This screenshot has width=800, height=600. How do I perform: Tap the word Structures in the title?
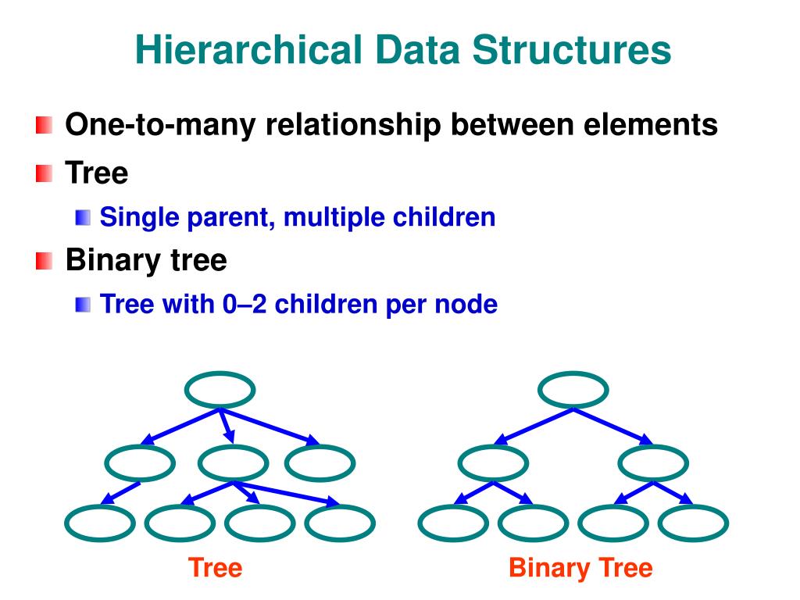[x=571, y=50]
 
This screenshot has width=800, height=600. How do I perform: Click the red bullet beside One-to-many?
[x=45, y=125]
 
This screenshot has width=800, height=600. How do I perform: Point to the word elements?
[x=651, y=124]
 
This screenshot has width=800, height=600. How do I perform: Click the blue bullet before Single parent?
[x=83, y=217]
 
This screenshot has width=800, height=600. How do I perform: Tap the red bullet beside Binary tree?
[x=45, y=261]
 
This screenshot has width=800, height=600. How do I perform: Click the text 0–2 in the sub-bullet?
[x=245, y=305]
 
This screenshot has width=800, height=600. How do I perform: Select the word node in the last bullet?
[x=466, y=305]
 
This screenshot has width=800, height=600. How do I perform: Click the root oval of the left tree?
[x=220, y=373]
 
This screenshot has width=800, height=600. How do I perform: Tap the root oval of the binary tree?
[x=573, y=373]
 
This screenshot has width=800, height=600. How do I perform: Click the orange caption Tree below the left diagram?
[x=216, y=568]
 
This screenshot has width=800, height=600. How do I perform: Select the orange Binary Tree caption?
[x=581, y=569]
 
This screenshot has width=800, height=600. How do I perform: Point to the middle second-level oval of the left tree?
[x=233, y=447]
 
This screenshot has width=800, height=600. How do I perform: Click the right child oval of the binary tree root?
[x=654, y=447]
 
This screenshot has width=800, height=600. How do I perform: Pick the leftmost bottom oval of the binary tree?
[x=454, y=506]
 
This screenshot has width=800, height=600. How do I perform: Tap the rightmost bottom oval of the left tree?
[x=340, y=506]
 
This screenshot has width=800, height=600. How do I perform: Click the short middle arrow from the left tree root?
[x=227, y=426]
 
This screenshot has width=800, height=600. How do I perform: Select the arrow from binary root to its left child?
[x=534, y=426]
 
